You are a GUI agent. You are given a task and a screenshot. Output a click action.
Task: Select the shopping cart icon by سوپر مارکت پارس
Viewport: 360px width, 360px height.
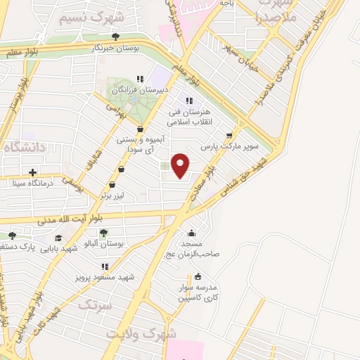pos(229,136)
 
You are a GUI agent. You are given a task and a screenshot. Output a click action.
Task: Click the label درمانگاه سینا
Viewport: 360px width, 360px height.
pos(33,184)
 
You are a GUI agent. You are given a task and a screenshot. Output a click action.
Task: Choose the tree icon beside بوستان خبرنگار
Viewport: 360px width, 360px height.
pos(116,37)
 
